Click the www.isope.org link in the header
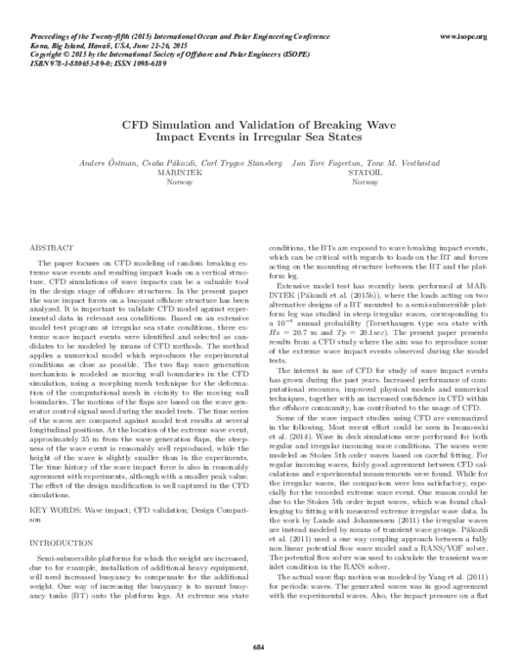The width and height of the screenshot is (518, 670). (464, 37)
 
